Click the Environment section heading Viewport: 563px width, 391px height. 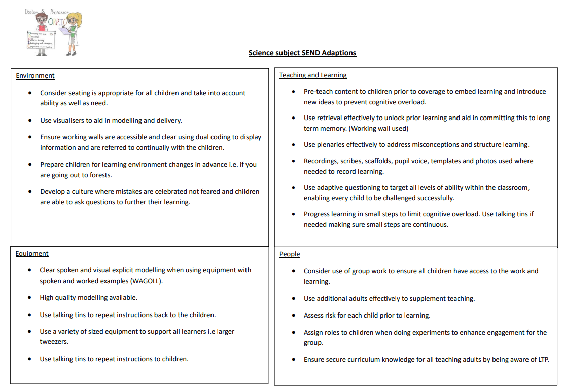(x=35, y=76)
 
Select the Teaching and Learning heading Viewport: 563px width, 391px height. (x=313, y=75)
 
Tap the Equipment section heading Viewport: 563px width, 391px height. (x=32, y=254)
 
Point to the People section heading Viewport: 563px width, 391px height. (x=290, y=254)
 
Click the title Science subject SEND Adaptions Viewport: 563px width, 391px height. (x=302, y=53)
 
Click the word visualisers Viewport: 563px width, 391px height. (x=71, y=121)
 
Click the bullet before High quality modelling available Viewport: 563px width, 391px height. (x=30, y=298)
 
